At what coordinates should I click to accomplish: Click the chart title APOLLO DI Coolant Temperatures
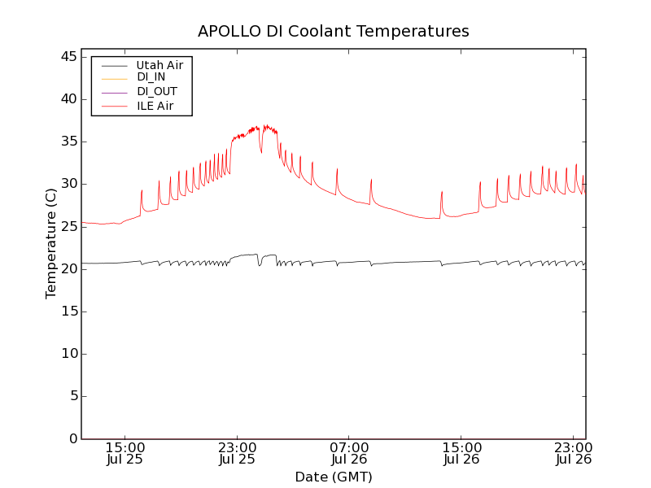[334, 32]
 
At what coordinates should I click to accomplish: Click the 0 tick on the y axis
[72, 438]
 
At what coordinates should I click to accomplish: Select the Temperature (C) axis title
[51, 243]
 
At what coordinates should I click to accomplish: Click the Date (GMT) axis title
[334, 477]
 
